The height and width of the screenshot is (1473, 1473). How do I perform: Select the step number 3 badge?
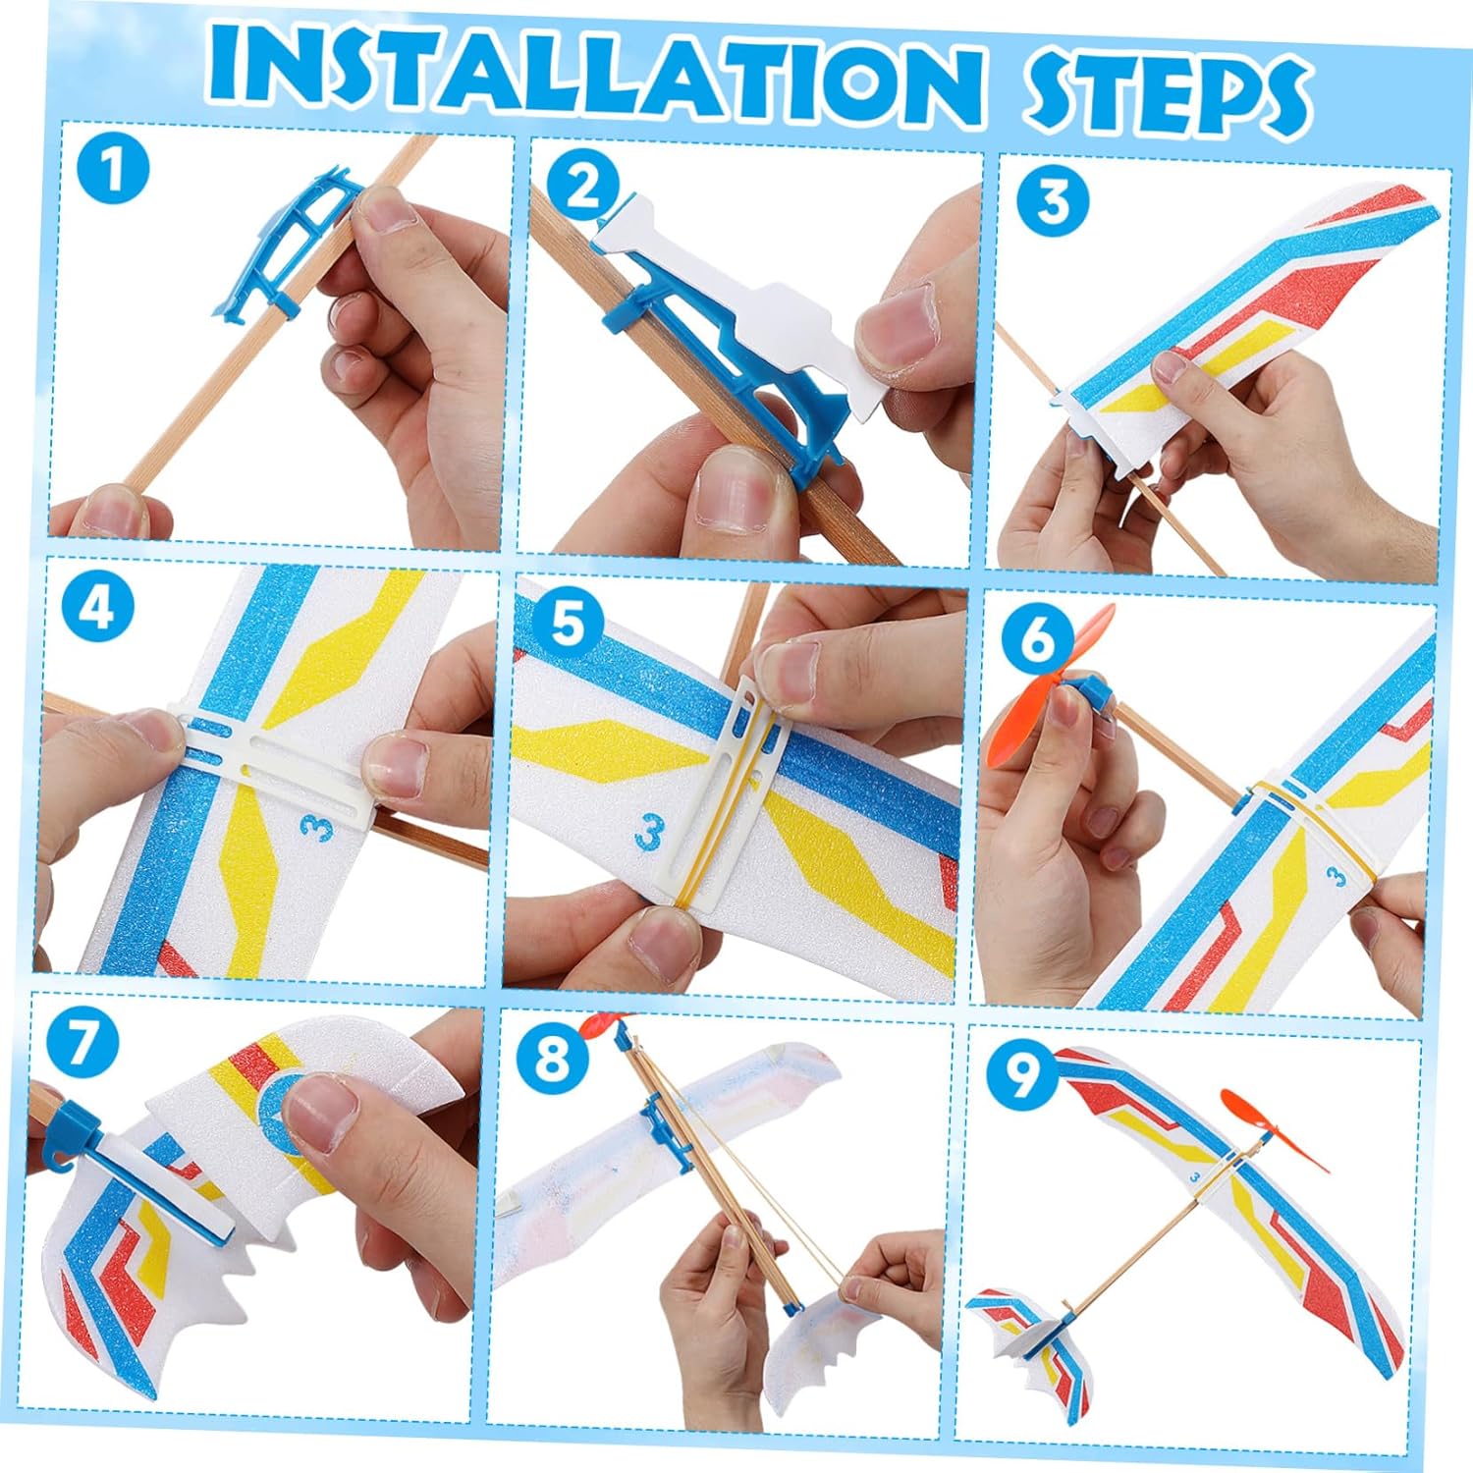click(x=1053, y=200)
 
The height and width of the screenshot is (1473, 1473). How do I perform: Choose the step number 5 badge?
click(x=567, y=624)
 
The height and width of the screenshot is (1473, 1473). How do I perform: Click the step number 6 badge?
click(x=1037, y=639)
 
